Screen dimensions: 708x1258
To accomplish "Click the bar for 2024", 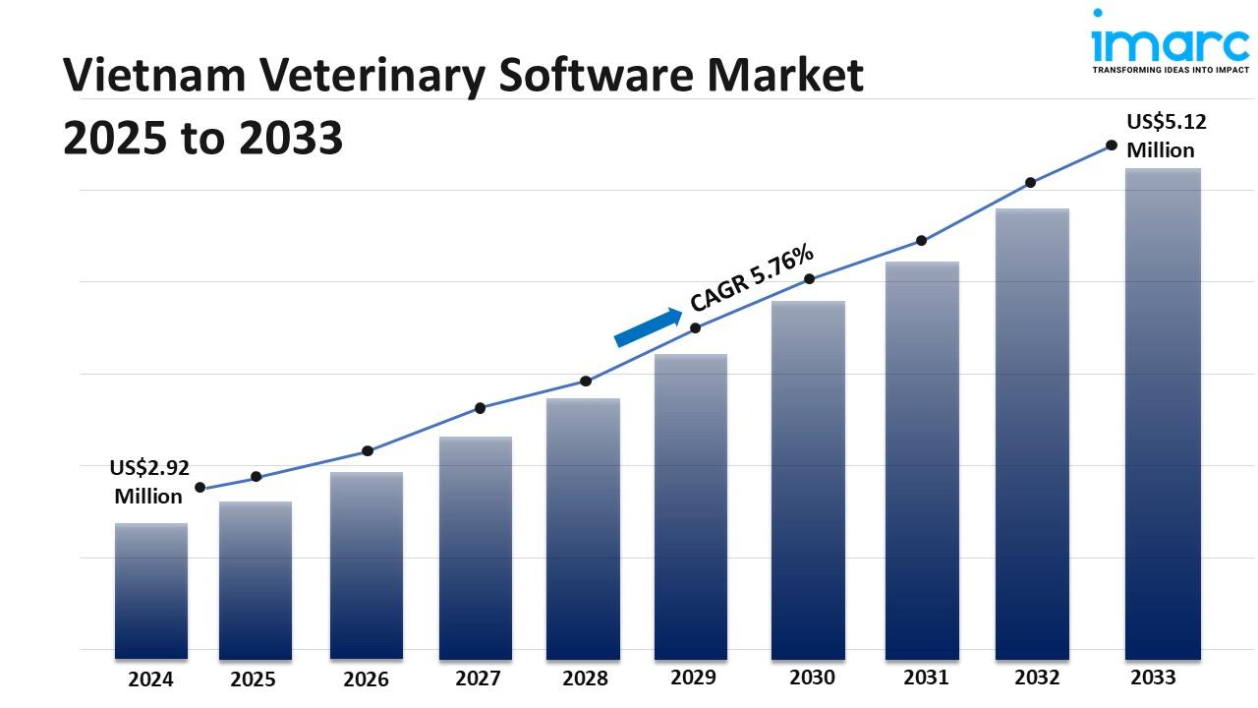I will pos(150,590).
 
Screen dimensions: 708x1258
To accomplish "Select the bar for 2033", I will pos(1163,413).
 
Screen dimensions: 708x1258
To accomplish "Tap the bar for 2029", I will pos(691,506).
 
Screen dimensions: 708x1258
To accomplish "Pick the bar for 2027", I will pos(476,547).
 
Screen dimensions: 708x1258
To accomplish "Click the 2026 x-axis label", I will pos(366,679).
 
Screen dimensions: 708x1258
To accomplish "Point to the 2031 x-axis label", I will pos(925,678).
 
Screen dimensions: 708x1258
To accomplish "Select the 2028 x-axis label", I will pos(585,678).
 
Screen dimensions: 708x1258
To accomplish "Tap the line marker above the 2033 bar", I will pos(1112,145).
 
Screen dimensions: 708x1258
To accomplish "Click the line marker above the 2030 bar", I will pos(810,279).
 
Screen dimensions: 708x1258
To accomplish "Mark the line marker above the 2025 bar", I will pos(257,477).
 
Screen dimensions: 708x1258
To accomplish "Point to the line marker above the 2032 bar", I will pos(1031,183).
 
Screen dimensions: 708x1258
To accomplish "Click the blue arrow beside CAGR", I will pos(648,327).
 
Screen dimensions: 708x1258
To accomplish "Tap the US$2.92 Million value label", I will pos(148,482).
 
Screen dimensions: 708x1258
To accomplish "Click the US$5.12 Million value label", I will pos(1166,136).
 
